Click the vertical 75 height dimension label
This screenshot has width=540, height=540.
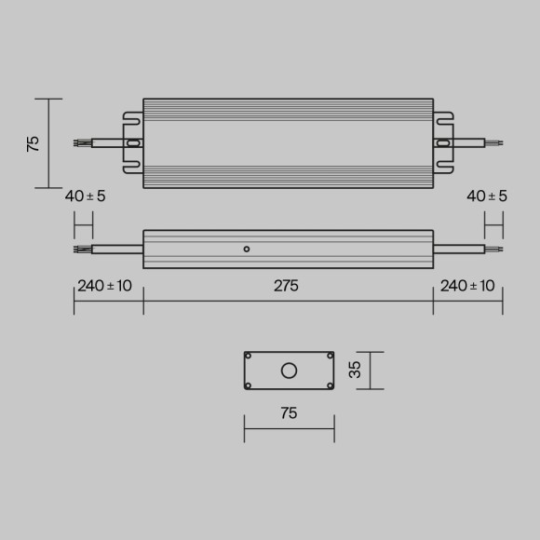click(34, 143)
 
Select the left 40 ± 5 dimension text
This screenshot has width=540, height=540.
click(85, 196)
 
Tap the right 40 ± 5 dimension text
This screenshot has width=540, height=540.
click(486, 196)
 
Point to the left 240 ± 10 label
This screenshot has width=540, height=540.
click(104, 286)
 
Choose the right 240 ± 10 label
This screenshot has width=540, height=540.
click(467, 286)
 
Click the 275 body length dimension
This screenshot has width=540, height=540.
click(286, 286)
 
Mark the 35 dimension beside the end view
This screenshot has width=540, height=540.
click(354, 371)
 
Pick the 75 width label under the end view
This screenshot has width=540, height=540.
click(289, 413)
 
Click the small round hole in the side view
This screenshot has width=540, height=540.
click(246, 249)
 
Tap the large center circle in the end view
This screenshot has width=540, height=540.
click(289, 371)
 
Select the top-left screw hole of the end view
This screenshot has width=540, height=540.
click(249, 357)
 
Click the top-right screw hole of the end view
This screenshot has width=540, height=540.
click(329, 357)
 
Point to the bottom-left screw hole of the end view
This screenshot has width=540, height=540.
click(249, 386)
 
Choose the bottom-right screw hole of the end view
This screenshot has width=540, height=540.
click(329, 386)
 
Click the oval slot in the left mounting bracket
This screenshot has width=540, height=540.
click(133, 143)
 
